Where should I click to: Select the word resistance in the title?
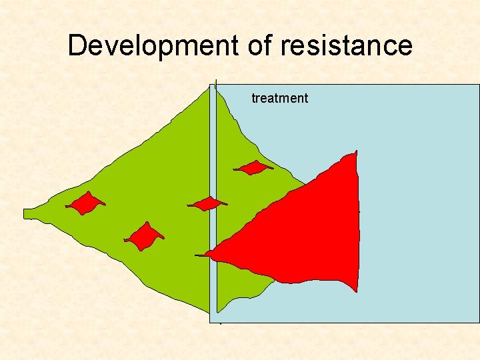click(347, 46)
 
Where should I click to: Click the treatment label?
click(279, 99)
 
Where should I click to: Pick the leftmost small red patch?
click(85, 203)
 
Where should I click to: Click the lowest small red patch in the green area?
click(143, 237)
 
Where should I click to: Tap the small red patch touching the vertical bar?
click(207, 203)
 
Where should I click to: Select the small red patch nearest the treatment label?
click(253, 168)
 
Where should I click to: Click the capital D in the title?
click(77, 46)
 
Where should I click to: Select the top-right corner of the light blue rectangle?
click(479, 85)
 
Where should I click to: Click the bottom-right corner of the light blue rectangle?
click(479, 323)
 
